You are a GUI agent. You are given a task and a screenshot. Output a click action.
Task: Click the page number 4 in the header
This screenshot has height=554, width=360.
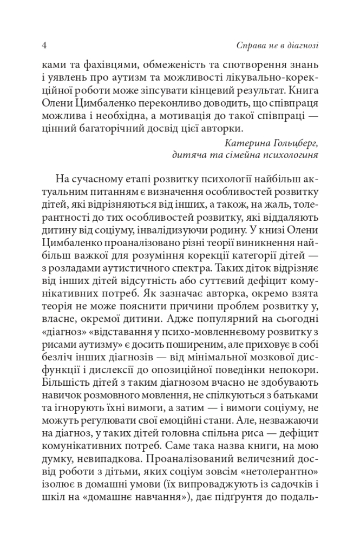pyautogui.click(x=43, y=45)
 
